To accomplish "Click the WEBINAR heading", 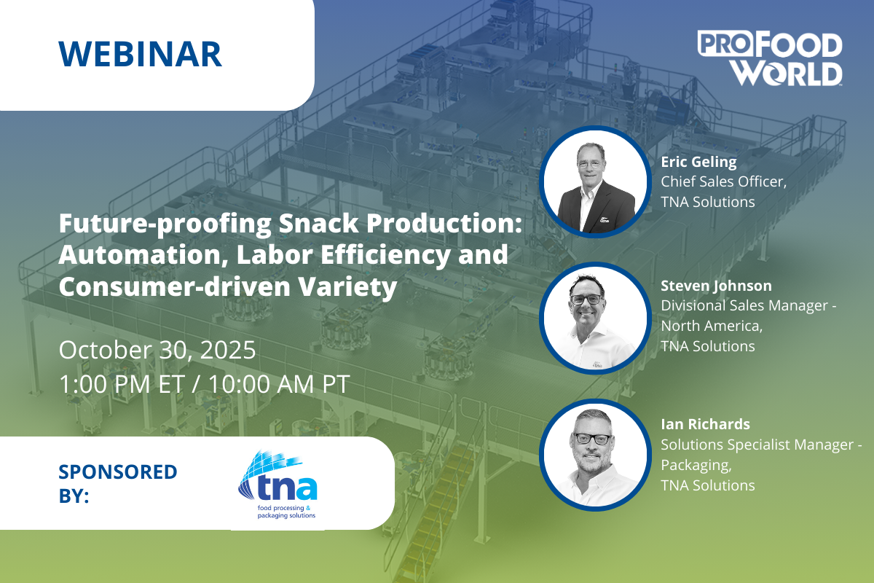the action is point(141,54).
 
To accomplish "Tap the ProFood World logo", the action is point(769,58).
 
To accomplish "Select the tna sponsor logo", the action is point(277,485).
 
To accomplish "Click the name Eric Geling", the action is point(698,162).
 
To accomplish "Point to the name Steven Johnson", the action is point(716,286).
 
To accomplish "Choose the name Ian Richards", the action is point(705,424).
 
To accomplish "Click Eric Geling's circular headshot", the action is point(596,182).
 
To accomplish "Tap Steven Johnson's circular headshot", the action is point(596,318).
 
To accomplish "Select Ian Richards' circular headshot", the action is point(596,455).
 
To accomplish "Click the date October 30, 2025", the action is point(157,350).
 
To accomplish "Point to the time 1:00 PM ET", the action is point(122,384).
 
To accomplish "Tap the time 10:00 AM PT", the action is point(278,384).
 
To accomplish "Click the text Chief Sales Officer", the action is point(723,181).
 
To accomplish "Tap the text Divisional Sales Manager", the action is point(744,305).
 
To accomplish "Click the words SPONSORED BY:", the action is point(118,483).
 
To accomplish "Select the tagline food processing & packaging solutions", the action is point(286,512).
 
